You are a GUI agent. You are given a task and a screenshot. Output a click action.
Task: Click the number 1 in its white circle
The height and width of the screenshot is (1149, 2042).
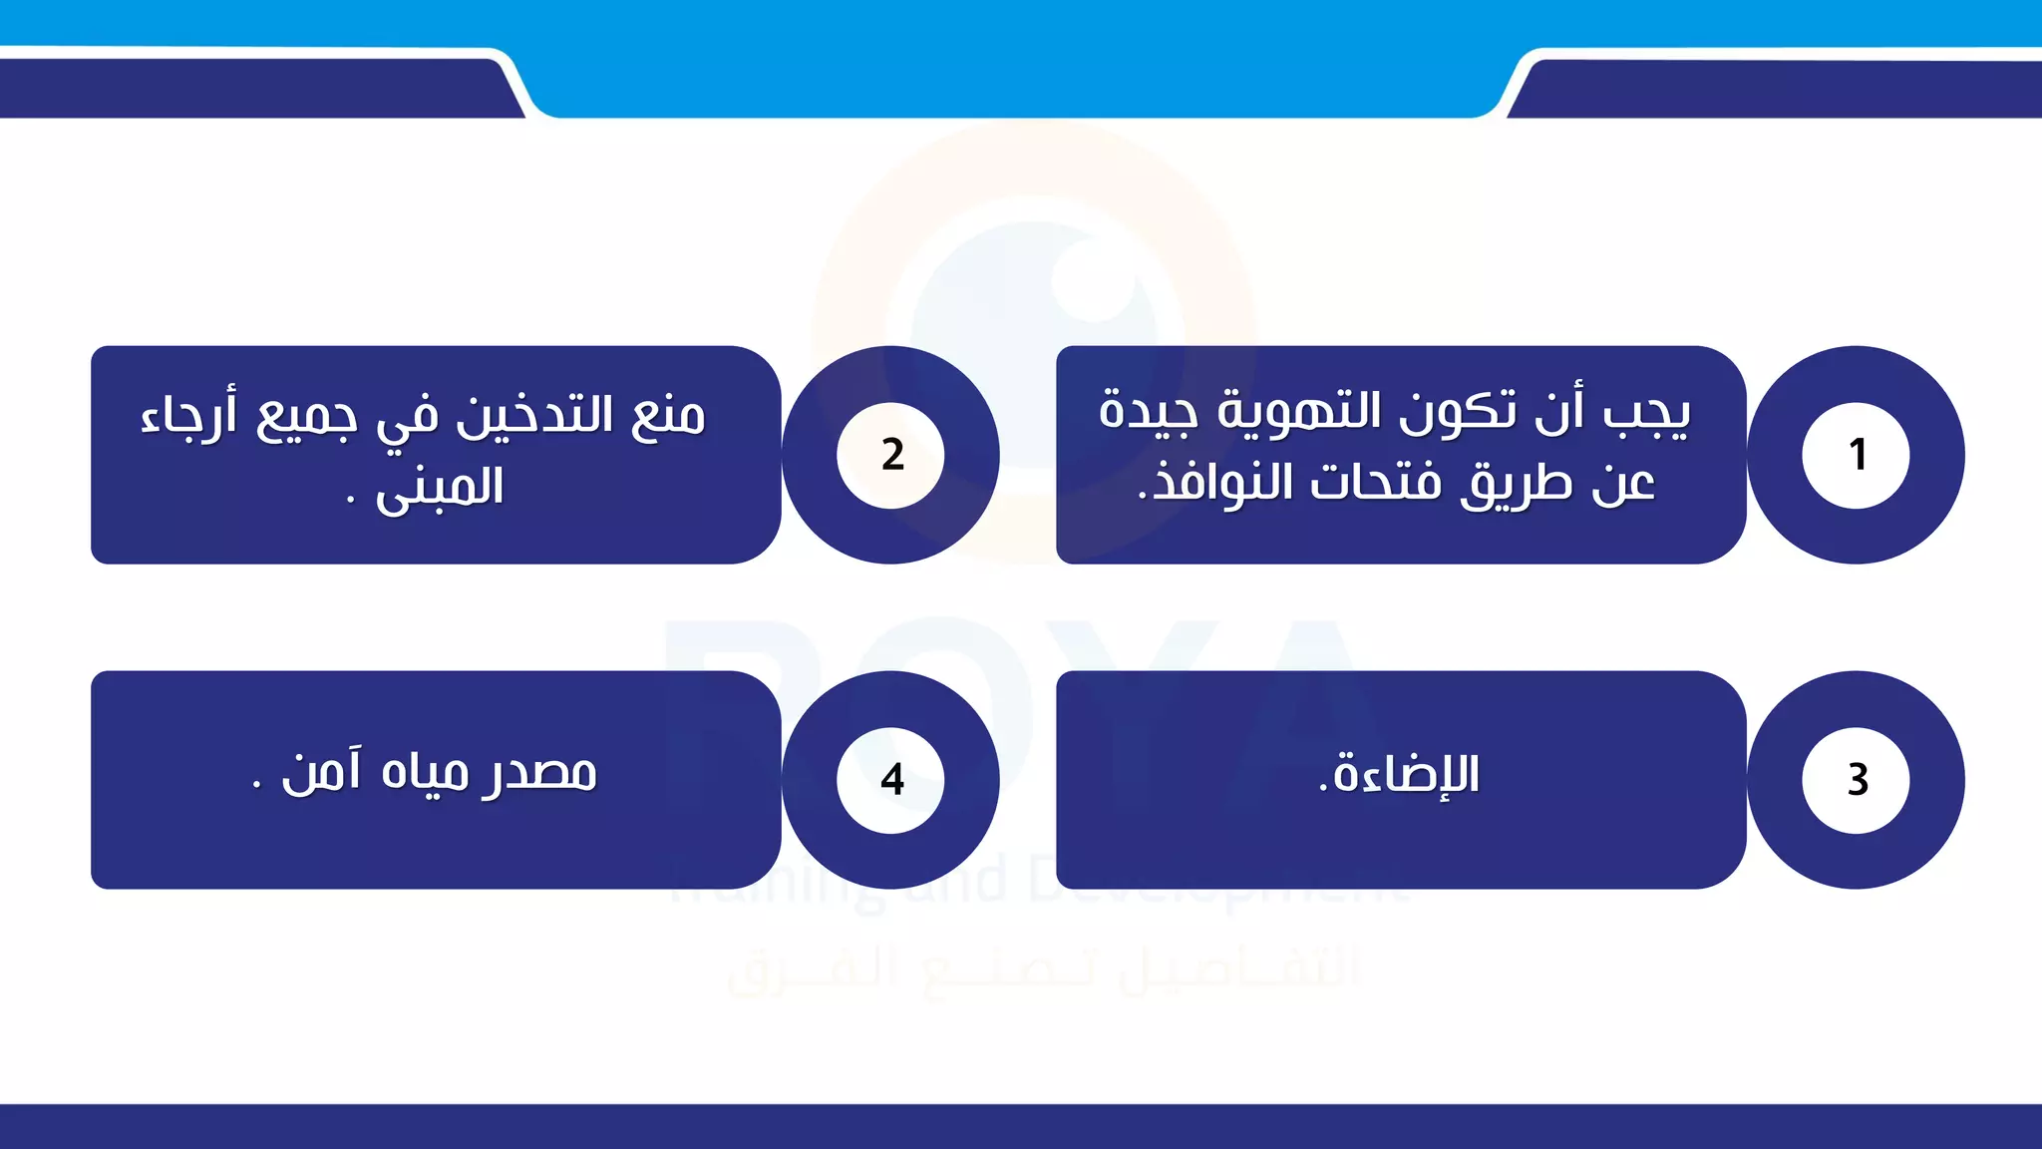click(x=1857, y=455)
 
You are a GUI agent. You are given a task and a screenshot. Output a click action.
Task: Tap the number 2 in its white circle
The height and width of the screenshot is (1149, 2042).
click(x=892, y=455)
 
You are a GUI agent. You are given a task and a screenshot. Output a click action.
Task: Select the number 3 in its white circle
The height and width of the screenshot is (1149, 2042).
click(x=1857, y=779)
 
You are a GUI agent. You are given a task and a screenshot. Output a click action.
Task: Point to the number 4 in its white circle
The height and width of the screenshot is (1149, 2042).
click(x=892, y=779)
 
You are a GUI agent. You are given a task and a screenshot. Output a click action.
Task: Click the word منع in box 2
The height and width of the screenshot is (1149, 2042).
click(x=668, y=416)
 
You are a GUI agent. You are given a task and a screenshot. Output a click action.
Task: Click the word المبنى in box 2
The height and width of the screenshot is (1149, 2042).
click(x=440, y=489)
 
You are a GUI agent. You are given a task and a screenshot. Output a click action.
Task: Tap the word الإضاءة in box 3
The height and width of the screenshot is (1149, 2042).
click(x=1406, y=775)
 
